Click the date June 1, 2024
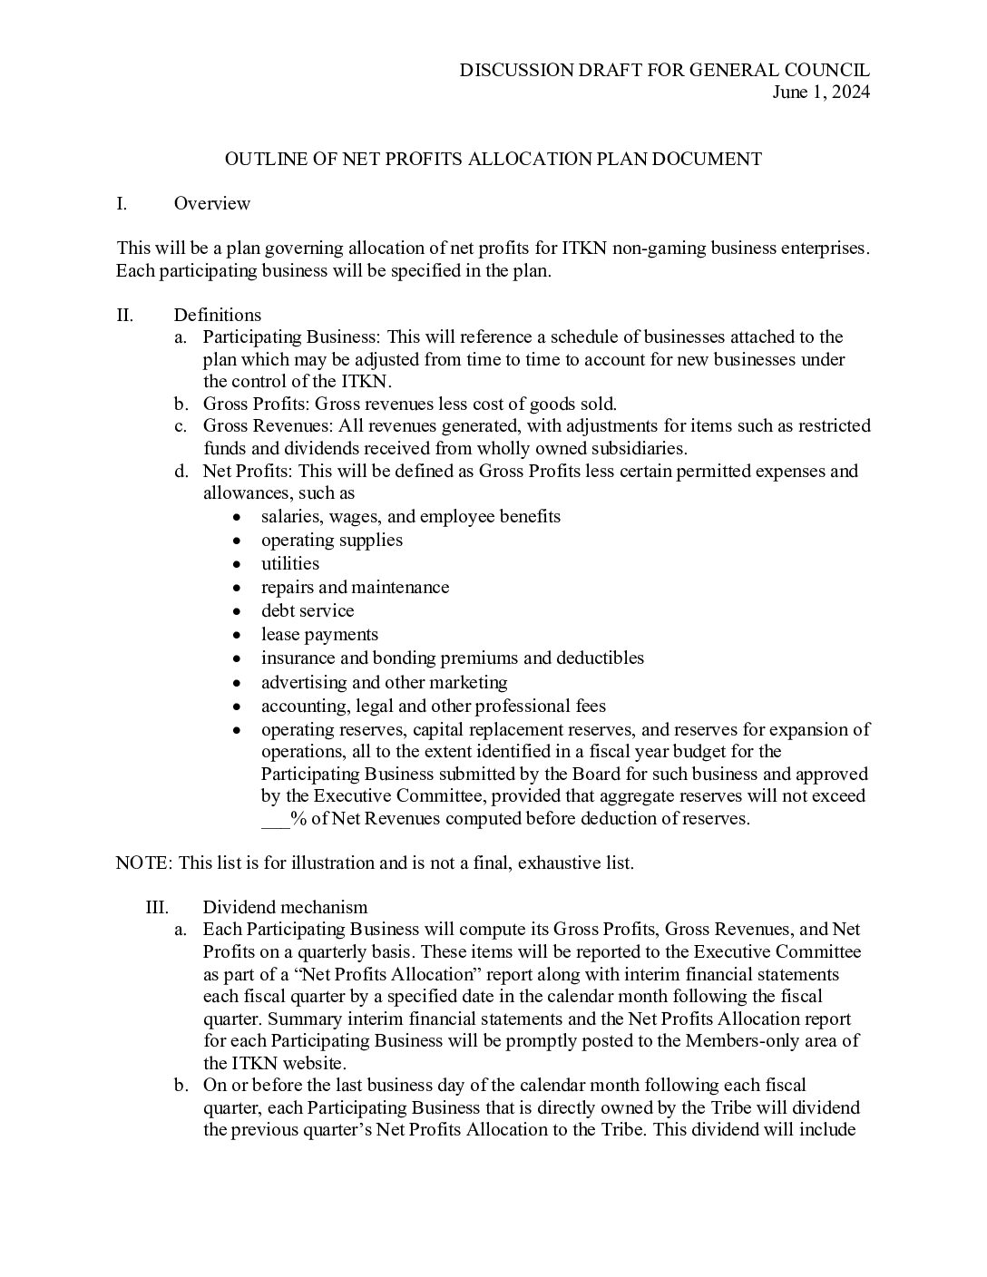[x=821, y=92]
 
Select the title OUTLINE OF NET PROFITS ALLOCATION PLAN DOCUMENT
[x=493, y=159]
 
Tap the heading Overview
[x=211, y=203]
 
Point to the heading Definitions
[x=217, y=315]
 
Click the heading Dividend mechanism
[x=285, y=907]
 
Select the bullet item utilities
[x=290, y=563]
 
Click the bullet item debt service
[x=308, y=610]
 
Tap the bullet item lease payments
[x=319, y=634]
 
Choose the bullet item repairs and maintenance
[x=355, y=587]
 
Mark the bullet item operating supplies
[x=331, y=540]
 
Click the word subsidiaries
[x=642, y=448]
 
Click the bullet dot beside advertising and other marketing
[x=237, y=682]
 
